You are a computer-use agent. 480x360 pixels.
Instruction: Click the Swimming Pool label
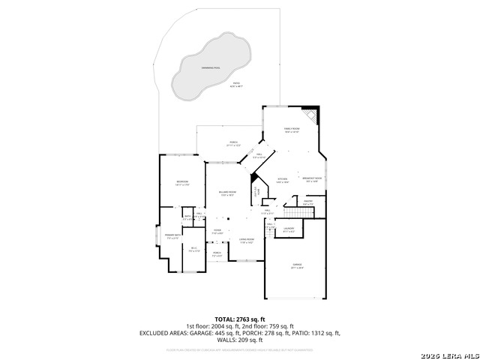[211, 68]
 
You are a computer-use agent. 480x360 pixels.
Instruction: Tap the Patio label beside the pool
[236, 85]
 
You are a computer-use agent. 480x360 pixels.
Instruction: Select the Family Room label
[291, 130]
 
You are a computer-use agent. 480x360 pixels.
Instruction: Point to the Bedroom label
[182, 182]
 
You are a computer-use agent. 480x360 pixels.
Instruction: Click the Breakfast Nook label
[313, 178]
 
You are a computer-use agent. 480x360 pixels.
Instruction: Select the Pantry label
[307, 202]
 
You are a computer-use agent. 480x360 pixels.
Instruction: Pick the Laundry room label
[288, 230]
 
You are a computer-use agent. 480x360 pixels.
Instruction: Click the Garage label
[297, 266]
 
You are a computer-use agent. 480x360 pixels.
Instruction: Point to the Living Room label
[247, 241]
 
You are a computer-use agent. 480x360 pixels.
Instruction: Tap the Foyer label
[217, 232]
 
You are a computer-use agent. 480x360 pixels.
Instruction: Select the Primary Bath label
[172, 237]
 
